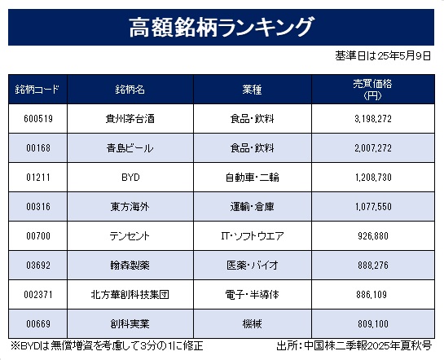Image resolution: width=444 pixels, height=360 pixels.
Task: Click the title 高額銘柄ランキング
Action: tap(222, 27)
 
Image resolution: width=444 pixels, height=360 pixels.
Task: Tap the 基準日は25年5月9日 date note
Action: tap(383, 55)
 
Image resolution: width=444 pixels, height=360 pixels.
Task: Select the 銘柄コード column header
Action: tap(37, 90)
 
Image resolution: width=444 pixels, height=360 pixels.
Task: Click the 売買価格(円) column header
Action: tap(372, 90)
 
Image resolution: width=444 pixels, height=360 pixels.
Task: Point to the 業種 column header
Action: tap(252, 90)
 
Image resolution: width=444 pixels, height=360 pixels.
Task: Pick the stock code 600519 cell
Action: tap(38, 119)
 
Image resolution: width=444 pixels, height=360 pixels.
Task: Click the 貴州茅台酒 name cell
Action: tap(130, 119)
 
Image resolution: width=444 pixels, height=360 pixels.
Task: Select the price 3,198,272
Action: tap(373, 119)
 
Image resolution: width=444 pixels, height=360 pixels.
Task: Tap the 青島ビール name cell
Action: tap(130, 148)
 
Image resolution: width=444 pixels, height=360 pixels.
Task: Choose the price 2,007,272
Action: tap(373, 148)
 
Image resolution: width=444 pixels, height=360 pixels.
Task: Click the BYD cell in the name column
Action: tap(130, 178)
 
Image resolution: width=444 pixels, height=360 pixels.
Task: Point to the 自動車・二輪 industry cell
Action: tap(252, 178)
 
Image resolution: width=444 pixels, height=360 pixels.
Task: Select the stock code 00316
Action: tap(38, 207)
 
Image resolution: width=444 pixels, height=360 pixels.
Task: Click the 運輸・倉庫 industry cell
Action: tap(252, 207)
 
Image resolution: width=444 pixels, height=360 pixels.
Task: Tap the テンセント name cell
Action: tap(130, 236)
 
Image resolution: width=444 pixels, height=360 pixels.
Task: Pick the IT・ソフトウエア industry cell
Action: tap(253, 236)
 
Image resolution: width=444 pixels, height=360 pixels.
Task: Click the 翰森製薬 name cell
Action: tap(130, 266)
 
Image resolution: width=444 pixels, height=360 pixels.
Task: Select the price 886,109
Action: tap(371, 295)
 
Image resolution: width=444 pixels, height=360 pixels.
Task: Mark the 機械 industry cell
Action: tap(252, 324)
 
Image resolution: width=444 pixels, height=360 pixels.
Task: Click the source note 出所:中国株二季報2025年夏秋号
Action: tap(354, 346)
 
